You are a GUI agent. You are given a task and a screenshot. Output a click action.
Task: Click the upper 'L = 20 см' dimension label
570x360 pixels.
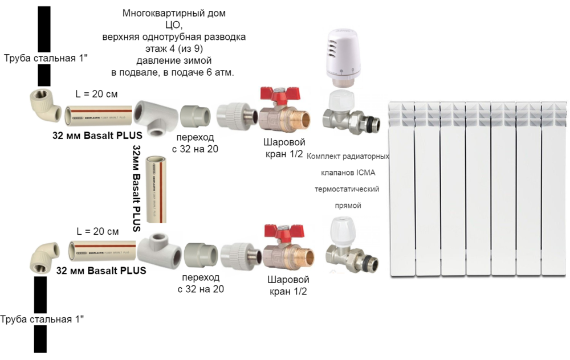[97, 93]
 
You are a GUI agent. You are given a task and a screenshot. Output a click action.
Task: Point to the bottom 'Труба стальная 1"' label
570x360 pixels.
[42, 320]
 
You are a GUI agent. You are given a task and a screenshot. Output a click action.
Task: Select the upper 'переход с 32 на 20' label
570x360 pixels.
[197, 144]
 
